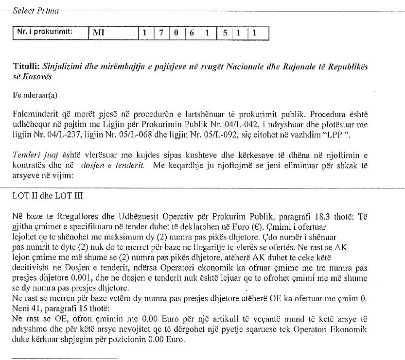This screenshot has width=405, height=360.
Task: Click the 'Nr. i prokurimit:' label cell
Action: click(x=45, y=33)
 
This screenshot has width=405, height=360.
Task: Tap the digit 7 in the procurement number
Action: click(x=160, y=33)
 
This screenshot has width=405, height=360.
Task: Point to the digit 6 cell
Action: click(x=192, y=33)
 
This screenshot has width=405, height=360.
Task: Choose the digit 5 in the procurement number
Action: click(x=224, y=33)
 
